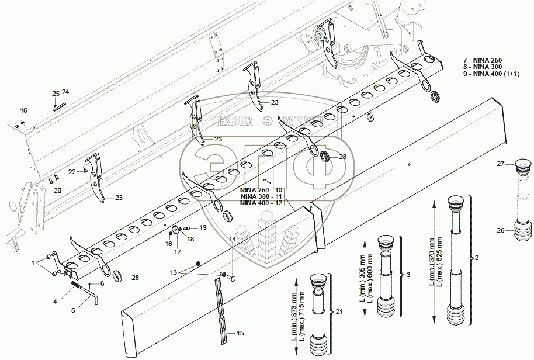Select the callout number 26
[x=501, y=230]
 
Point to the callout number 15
[x=240, y=333]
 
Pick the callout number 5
[x=73, y=310]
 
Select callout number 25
[x=56, y=94]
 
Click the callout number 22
[x=71, y=172]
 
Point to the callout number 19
[x=203, y=227]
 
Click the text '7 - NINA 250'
[x=483, y=60]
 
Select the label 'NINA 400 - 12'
[x=261, y=202]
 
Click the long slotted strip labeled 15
[x=220, y=304]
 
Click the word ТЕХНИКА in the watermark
[x=234, y=122]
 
